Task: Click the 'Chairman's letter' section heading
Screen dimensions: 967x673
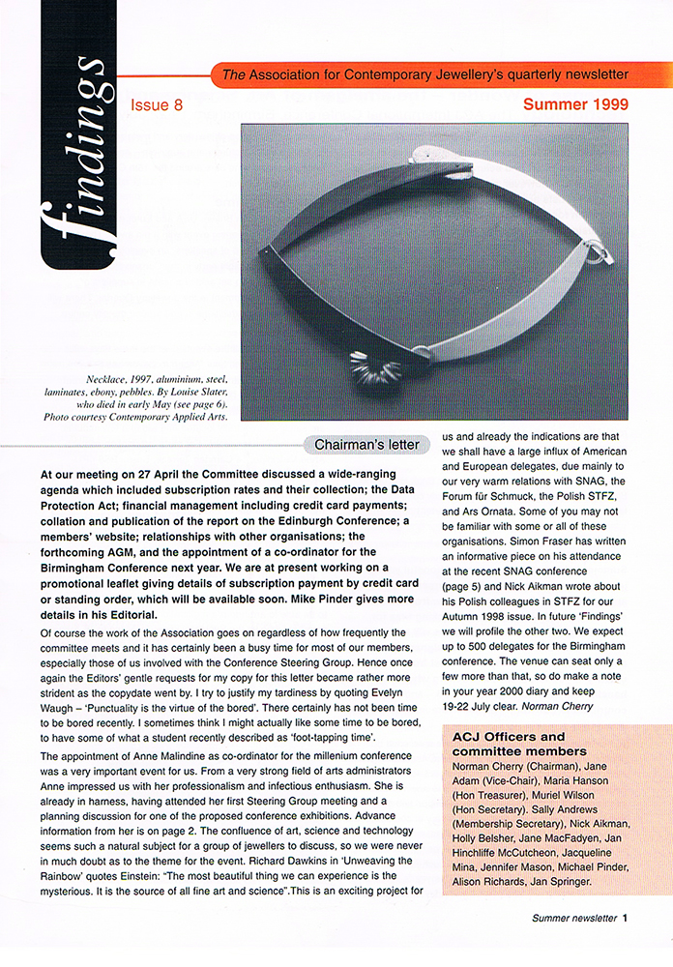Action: point(366,445)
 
